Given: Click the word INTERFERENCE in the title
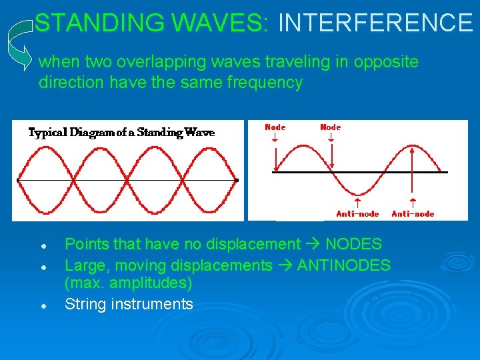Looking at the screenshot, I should (x=375, y=23).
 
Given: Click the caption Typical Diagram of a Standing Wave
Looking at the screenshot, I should (x=121, y=132).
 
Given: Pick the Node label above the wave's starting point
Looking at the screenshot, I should (x=275, y=127).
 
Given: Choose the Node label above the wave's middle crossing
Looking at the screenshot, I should (x=330, y=127).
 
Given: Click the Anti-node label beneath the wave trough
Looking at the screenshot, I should (x=357, y=213).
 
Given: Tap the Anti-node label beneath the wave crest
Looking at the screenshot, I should (x=413, y=213).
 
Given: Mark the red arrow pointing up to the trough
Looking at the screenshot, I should (x=358, y=201).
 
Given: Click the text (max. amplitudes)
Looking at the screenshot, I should (x=128, y=283).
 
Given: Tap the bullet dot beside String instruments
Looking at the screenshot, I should (x=42, y=306).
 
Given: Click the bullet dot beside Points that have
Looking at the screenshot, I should (x=42, y=246).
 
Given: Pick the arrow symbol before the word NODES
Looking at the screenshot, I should (x=313, y=245).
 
